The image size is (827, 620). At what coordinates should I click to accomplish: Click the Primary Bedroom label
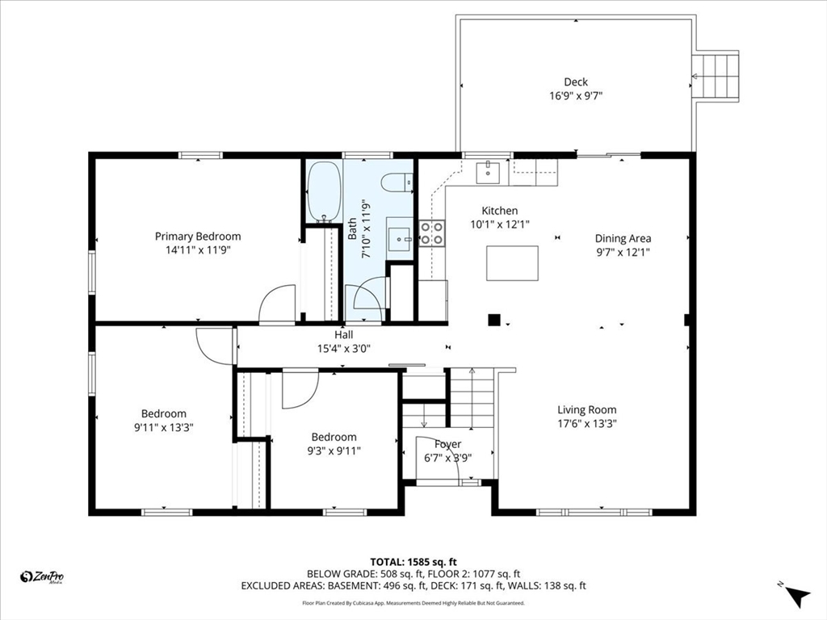pyautogui.click(x=198, y=237)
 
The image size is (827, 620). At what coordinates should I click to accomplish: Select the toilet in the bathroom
pyautogui.click(x=397, y=182)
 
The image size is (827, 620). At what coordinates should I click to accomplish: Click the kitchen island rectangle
pyautogui.click(x=512, y=263)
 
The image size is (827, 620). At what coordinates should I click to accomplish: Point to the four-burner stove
pyautogui.click(x=432, y=233)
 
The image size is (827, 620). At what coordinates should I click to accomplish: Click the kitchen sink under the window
pyautogui.click(x=488, y=172)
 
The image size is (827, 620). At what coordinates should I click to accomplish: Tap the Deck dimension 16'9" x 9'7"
pyautogui.click(x=576, y=96)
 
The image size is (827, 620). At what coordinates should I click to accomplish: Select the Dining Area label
pyautogui.click(x=623, y=238)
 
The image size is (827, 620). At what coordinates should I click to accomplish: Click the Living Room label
pyautogui.click(x=587, y=409)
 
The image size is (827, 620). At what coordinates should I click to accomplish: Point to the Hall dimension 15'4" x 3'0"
pyautogui.click(x=344, y=348)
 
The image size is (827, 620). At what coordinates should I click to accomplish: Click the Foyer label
pyautogui.click(x=447, y=444)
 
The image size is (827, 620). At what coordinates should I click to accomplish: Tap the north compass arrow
pyautogui.click(x=797, y=596)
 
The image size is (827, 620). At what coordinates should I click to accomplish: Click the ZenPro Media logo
pyautogui.click(x=42, y=577)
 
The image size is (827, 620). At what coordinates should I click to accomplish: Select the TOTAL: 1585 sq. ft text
pyautogui.click(x=413, y=562)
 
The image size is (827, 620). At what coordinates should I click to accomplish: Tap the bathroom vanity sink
pyautogui.click(x=399, y=239)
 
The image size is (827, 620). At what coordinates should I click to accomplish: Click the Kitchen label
pyautogui.click(x=500, y=211)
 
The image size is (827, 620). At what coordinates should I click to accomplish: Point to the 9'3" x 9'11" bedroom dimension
pyautogui.click(x=334, y=450)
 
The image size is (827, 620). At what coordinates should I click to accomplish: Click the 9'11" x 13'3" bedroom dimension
pyautogui.click(x=164, y=428)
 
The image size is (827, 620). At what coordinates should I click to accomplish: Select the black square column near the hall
pyautogui.click(x=493, y=320)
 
